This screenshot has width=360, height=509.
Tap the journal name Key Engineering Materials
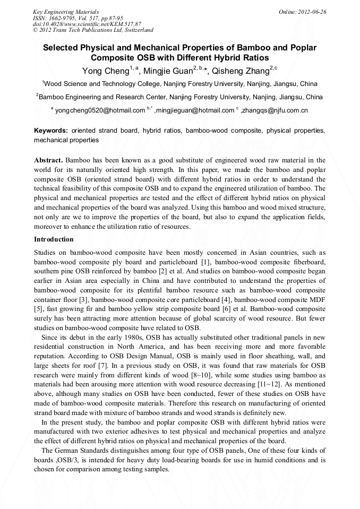coord(66,11)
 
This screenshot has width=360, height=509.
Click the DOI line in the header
coord(87,24)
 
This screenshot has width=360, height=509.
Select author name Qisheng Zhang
coord(240,71)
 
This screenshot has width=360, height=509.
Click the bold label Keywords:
coord(51,131)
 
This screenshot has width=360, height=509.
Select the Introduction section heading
coord(54,239)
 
